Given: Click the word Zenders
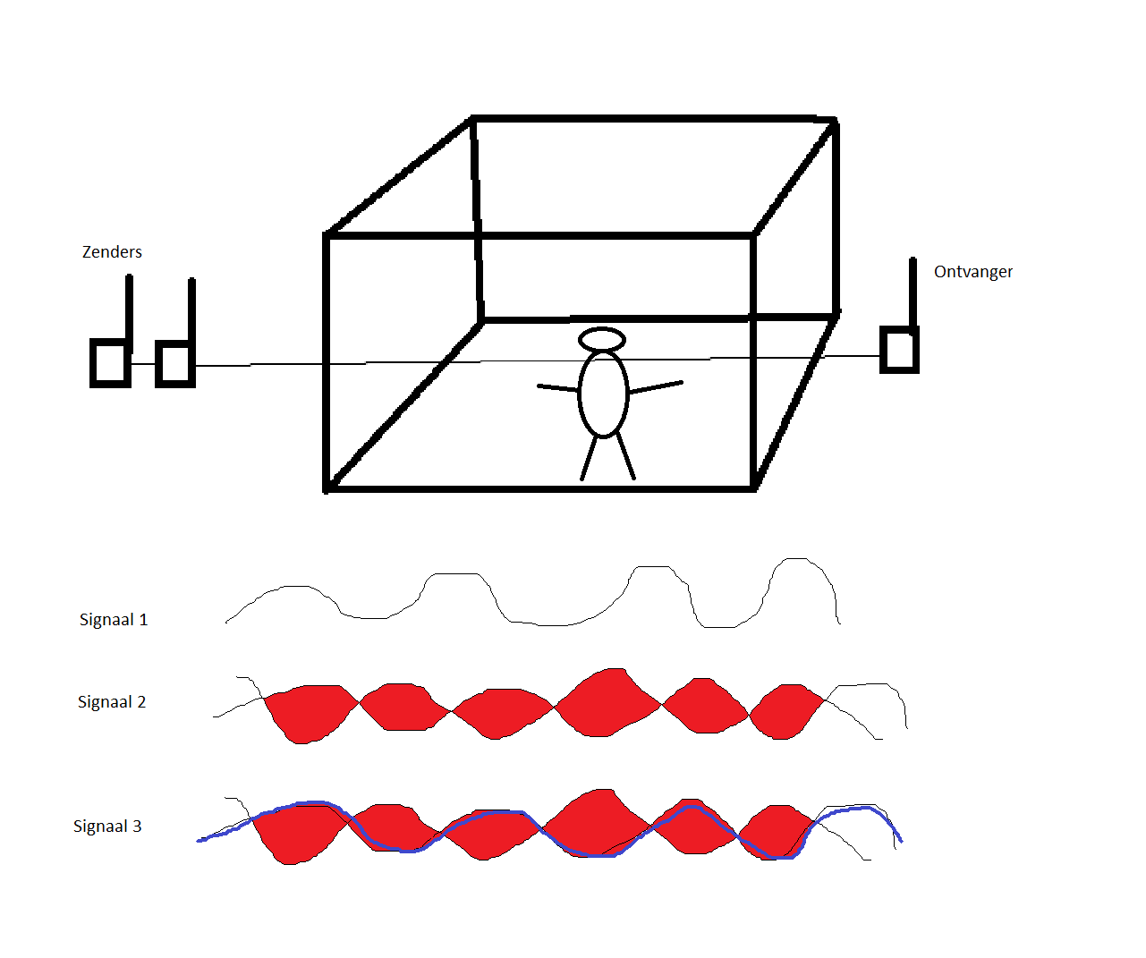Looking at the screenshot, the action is click(112, 252).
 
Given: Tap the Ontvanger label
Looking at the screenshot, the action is click(973, 272).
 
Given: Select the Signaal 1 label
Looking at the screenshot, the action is click(114, 620).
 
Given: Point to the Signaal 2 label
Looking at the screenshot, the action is click(112, 702).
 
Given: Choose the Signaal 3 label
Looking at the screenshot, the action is click(107, 827).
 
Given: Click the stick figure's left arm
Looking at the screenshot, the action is click(557, 388).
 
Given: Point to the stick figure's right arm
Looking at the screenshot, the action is click(656, 386).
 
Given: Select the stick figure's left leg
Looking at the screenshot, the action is click(589, 458).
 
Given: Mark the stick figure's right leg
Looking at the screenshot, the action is click(626, 456).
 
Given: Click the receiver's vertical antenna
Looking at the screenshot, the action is click(913, 293).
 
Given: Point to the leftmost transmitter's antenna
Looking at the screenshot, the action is click(129, 308).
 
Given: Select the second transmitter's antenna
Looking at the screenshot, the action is click(191, 310).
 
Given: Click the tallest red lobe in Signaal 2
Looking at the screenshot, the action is click(608, 702).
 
